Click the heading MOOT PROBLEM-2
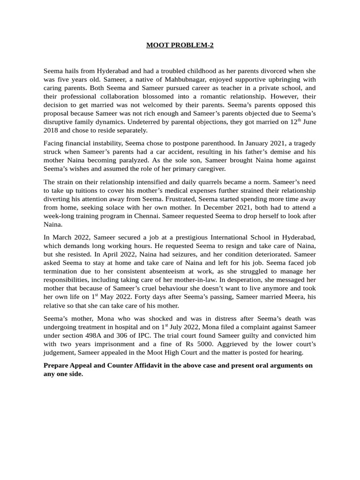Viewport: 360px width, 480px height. (x=180, y=45)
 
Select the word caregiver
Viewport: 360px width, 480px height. (x=207, y=169)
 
